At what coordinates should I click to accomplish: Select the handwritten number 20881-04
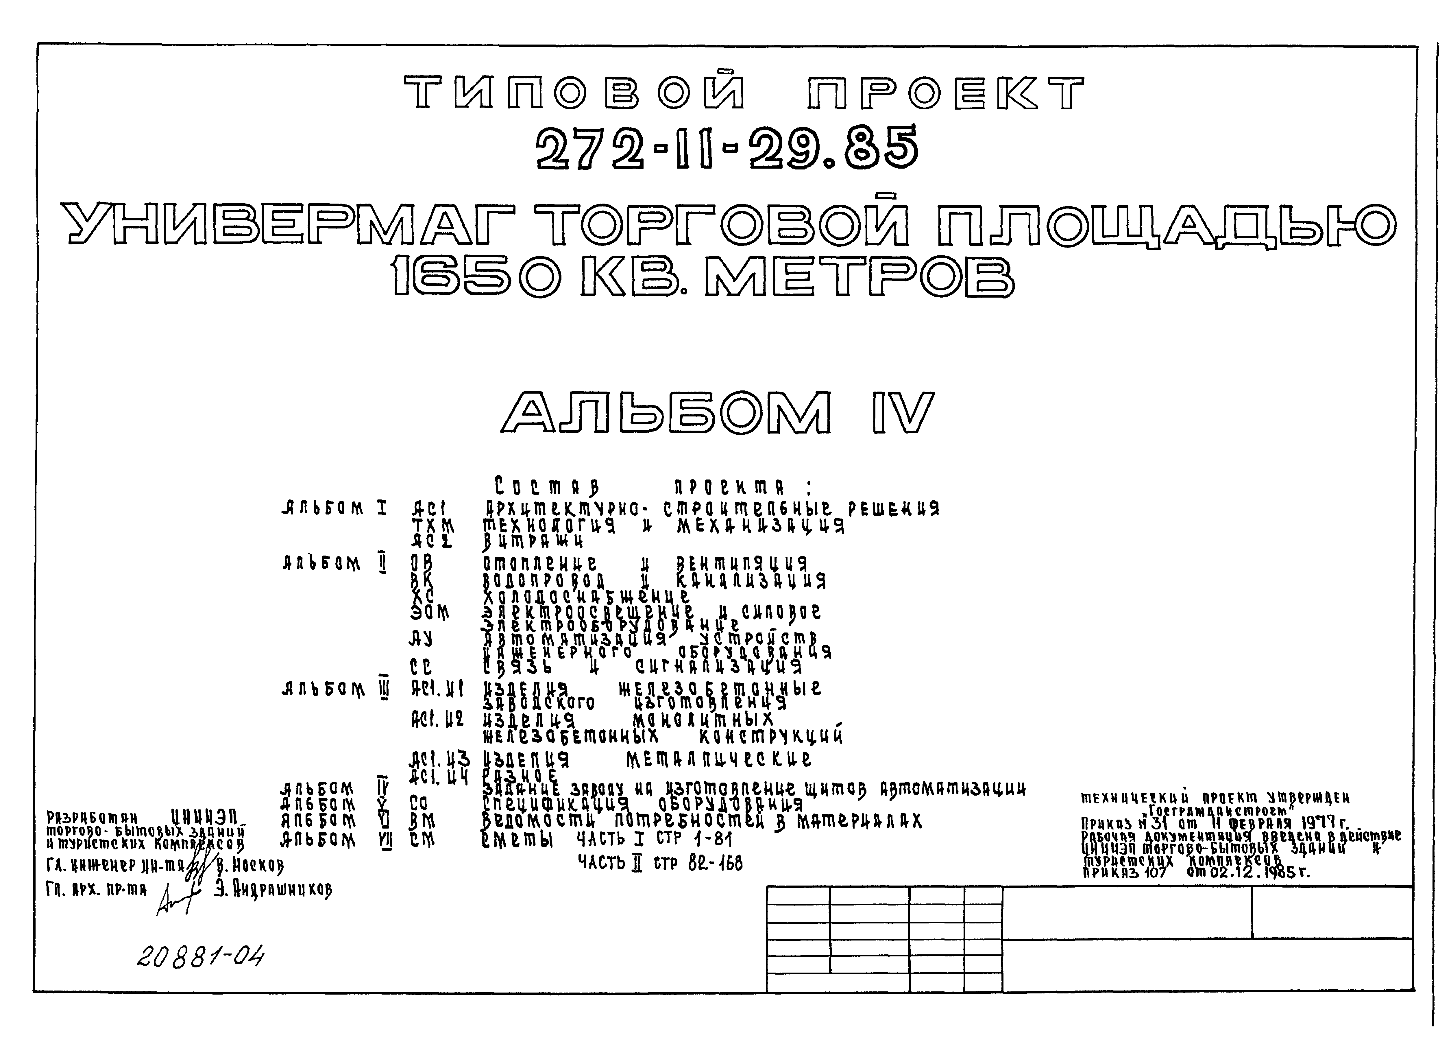point(200,957)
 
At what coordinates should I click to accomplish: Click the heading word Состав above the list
point(547,486)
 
